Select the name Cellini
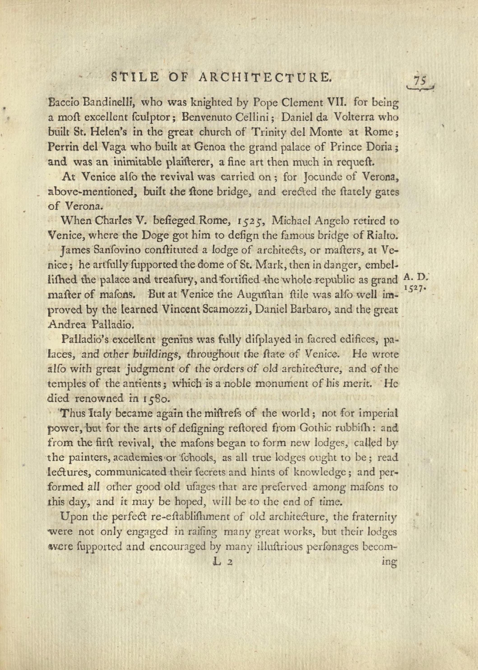253,117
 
